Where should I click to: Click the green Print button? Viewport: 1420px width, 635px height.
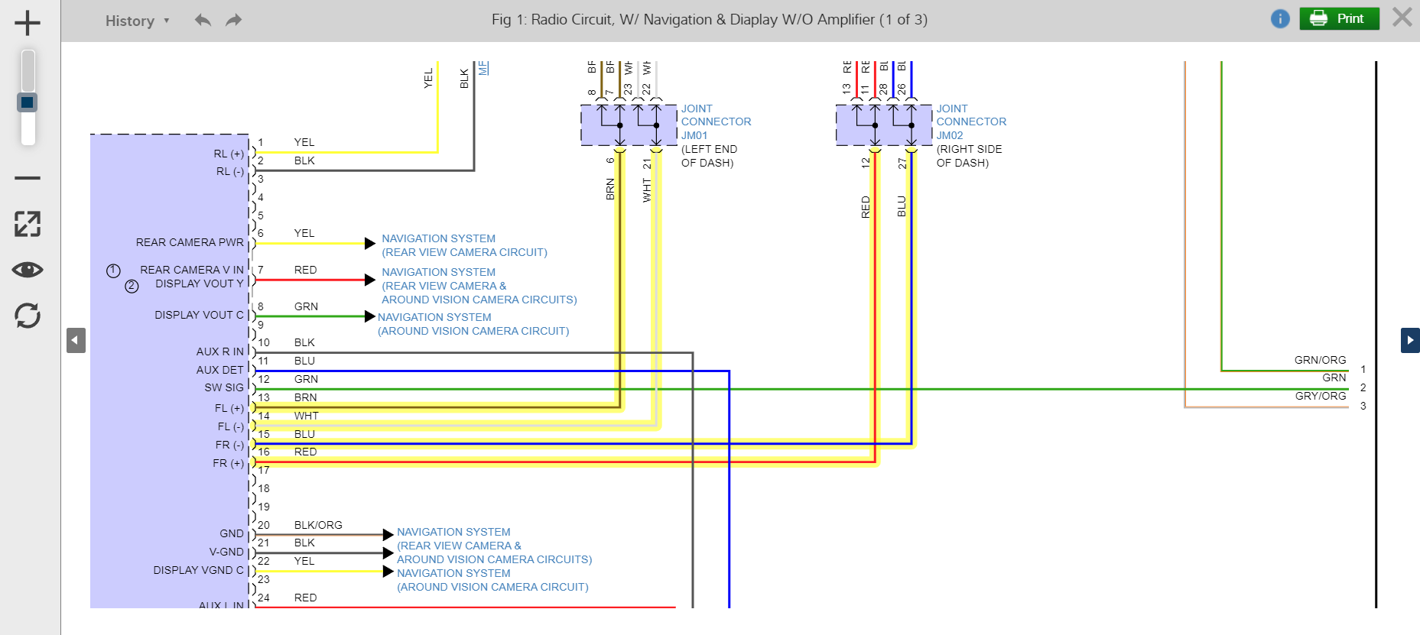tap(1339, 18)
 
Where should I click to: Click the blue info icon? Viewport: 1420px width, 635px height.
tap(1280, 19)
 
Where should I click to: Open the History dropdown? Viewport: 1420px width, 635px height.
tap(137, 21)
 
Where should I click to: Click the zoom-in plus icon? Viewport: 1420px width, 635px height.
tap(28, 23)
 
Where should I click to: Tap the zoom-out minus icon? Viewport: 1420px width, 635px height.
tap(28, 178)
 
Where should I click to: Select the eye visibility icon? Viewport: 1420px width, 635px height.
tap(28, 270)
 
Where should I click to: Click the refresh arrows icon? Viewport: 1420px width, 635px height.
tap(28, 316)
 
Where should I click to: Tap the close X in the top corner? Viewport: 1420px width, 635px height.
tap(1402, 18)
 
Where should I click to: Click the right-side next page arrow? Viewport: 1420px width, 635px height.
tap(1409, 340)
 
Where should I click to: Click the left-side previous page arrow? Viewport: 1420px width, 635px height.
tap(76, 340)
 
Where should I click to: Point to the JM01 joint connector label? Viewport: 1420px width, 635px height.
tap(694, 135)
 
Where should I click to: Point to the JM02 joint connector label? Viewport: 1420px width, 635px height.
tap(950, 135)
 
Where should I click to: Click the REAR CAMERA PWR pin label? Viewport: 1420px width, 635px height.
tap(190, 242)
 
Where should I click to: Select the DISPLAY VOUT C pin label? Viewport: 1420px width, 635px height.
tap(199, 315)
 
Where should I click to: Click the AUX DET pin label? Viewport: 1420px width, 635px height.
tap(219, 370)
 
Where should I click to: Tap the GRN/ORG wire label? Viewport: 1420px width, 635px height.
tap(1320, 360)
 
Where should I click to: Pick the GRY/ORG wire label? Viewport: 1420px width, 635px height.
tap(1321, 396)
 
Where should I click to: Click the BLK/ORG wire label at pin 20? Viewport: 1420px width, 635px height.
tap(318, 525)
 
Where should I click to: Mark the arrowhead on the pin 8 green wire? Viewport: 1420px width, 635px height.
tap(370, 316)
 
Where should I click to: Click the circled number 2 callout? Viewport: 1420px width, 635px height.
tap(132, 286)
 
